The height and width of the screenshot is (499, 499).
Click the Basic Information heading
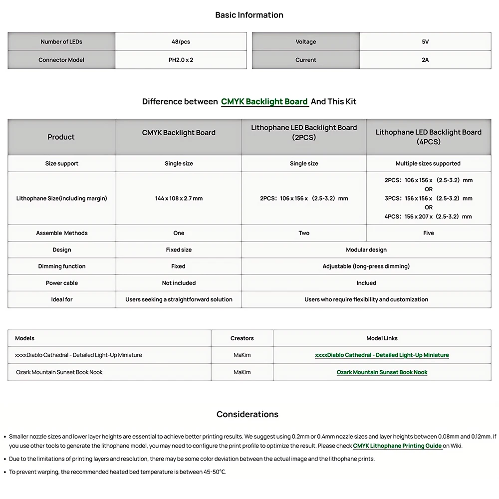click(x=249, y=15)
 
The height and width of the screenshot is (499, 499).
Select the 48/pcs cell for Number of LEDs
click(x=181, y=42)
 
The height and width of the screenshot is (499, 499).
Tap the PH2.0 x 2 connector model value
click(x=181, y=60)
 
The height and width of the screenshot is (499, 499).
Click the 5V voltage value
click(x=425, y=42)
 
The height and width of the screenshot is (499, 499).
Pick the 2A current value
click(x=425, y=60)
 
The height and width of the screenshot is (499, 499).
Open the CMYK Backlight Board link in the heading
click(x=264, y=102)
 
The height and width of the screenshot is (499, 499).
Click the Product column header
click(x=61, y=137)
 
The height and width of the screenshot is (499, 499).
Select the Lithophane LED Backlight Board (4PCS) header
click(x=428, y=137)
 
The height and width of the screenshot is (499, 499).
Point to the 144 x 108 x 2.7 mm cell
click(x=179, y=199)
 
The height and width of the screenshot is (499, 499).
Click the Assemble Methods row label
click(x=62, y=233)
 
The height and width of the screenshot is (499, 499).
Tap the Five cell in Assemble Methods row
click(x=429, y=233)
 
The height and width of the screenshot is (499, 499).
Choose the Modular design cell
click(x=366, y=250)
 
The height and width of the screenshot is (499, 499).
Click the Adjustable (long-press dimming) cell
click(x=366, y=266)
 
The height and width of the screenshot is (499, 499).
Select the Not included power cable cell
click(x=179, y=283)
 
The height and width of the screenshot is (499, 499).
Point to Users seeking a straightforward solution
click(x=179, y=299)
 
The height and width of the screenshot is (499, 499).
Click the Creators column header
click(x=242, y=338)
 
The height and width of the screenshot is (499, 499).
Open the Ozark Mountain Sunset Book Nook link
click(x=382, y=372)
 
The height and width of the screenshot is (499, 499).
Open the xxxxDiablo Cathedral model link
click(x=382, y=355)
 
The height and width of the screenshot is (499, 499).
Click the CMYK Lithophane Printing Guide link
click(x=397, y=446)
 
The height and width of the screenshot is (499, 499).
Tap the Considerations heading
click(x=248, y=414)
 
